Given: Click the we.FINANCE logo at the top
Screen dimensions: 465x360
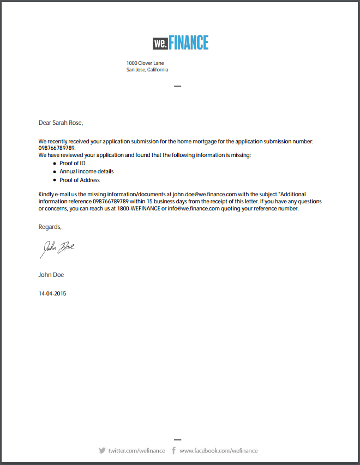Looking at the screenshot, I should click(180, 43).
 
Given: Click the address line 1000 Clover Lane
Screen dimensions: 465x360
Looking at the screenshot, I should click(145, 63).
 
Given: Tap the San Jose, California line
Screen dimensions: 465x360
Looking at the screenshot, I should click(147, 70).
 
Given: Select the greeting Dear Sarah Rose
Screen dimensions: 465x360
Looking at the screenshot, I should click(61, 123).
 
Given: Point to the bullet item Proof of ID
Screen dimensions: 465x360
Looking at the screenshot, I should click(73, 163).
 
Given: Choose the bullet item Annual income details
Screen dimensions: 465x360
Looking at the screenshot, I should click(86, 171).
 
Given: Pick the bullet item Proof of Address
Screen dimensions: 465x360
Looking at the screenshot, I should click(80, 180).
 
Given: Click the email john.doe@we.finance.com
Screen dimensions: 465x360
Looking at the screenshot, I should click(205, 194).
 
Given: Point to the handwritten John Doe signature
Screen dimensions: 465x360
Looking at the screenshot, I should click(56, 249).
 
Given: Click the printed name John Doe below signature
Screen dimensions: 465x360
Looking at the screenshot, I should click(51, 275).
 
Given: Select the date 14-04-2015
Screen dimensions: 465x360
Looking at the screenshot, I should click(52, 293).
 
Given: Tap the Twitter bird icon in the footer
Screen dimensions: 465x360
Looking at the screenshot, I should click(102, 451).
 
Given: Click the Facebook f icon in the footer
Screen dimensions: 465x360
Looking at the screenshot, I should click(173, 451).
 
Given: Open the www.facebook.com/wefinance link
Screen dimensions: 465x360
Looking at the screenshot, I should click(218, 451).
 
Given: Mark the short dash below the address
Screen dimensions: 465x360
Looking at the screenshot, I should click(177, 86).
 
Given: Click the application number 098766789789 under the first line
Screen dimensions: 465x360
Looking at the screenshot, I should click(57, 148).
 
